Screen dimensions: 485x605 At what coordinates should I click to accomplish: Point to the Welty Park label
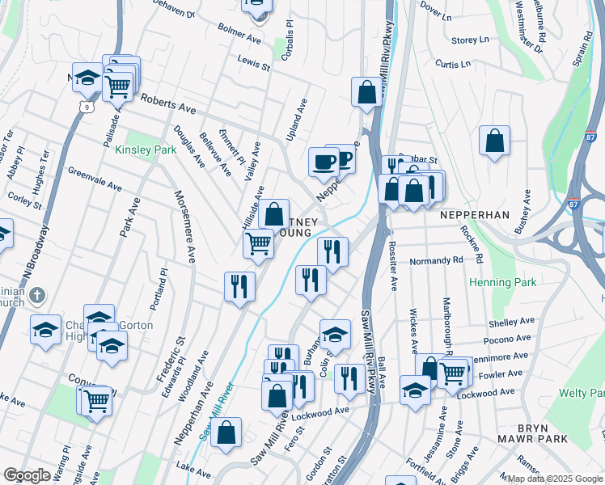(x=581, y=393)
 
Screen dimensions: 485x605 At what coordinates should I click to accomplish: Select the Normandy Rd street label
(x=436, y=261)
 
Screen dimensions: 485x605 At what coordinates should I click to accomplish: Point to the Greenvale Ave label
(x=94, y=179)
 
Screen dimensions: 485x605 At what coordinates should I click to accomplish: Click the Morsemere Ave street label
(x=184, y=227)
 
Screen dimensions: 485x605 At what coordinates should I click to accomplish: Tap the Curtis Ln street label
(x=451, y=63)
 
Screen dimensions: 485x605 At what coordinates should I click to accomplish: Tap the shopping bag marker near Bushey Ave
(x=494, y=141)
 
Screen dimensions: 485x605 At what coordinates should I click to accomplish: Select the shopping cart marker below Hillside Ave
(x=258, y=242)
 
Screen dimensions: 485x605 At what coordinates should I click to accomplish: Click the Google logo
(x=27, y=475)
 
